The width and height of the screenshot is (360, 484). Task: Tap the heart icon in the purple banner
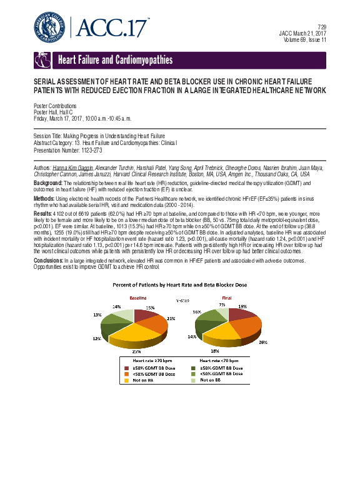tap(42, 61)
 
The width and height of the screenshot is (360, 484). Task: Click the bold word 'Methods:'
tap(44, 198)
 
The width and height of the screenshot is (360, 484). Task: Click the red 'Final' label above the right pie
tap(226, 297)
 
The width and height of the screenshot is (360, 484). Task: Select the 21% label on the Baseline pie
tap(171, 318)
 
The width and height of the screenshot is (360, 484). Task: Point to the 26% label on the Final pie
tap(263, 342)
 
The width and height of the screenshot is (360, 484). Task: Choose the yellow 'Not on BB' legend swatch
tap(126, 381)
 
